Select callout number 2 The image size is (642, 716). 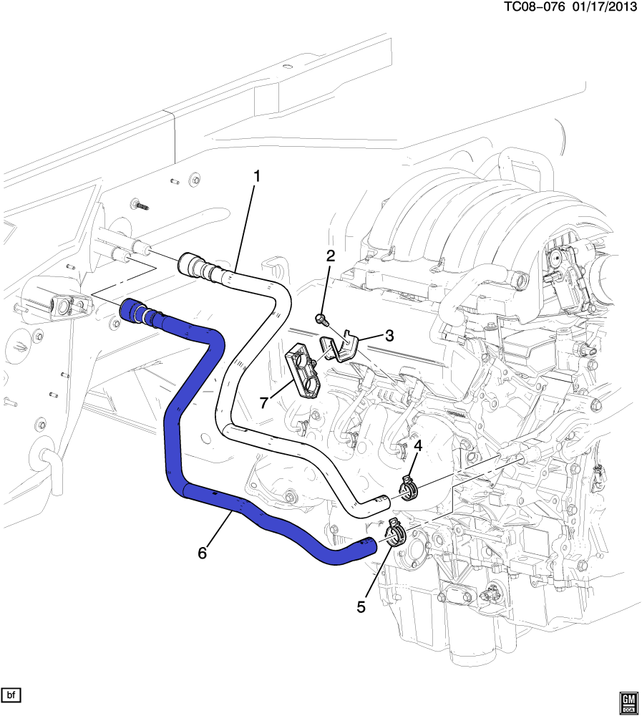tap(330, 256)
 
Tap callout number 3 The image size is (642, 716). tap(389, 335)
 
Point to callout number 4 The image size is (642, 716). tap(417, 445)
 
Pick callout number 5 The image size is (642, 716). tap(361, 606)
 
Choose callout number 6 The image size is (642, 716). tap(203, 553)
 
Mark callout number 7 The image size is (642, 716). tap(263, 402)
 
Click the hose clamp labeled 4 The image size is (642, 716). tap(408, 490)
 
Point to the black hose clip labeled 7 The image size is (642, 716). tap(304, 370)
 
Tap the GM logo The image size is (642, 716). tap(628, 702)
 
